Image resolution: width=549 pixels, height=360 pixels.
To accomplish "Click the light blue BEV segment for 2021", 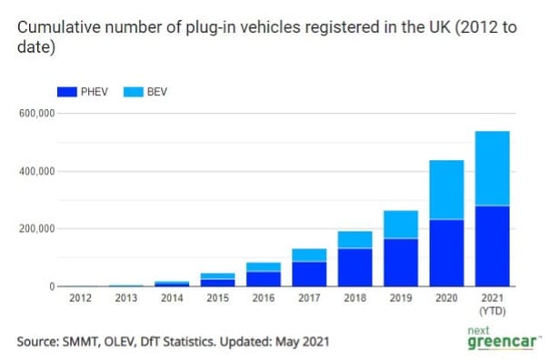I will tap(492, 168).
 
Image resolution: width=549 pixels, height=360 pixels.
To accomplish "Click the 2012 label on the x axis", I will tap(77, 298).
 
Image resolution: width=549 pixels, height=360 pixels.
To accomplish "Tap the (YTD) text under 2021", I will tap(492, 310).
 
